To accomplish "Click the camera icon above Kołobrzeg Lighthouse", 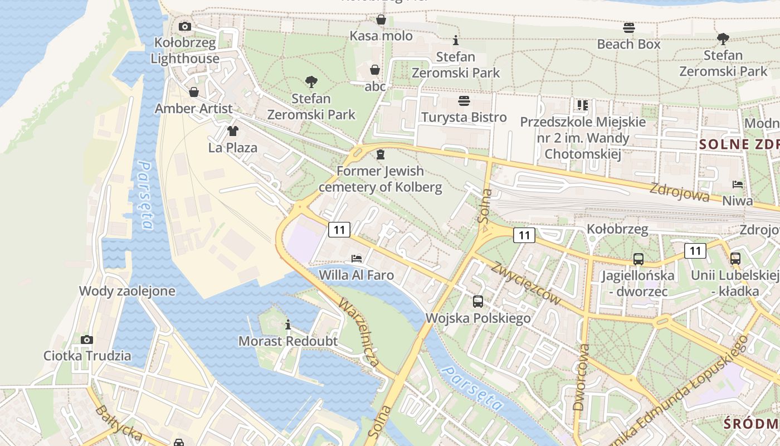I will tap(184, 26).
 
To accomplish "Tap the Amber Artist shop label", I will tap(193, 108).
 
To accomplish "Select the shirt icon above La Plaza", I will tap(232, 132).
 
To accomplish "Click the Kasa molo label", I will tap(381, 36).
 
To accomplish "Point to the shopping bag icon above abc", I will tap(375, 70).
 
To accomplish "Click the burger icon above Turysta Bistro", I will tap(464, 101).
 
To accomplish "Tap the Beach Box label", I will tap(628, 44).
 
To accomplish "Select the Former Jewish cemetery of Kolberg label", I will tap(380, 179).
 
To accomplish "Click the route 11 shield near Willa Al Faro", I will tap(339, 229).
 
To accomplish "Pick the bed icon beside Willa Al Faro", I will tap(357, 259).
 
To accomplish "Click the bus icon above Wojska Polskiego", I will tap(478, 302).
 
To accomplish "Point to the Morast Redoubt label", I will tap(288, 341).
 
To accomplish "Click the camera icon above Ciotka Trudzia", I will tap(86, 340).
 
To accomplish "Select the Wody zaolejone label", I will tap(127, 291).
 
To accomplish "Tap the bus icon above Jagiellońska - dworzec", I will tap(638, 259).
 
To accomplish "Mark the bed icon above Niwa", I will tap(737, 185).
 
